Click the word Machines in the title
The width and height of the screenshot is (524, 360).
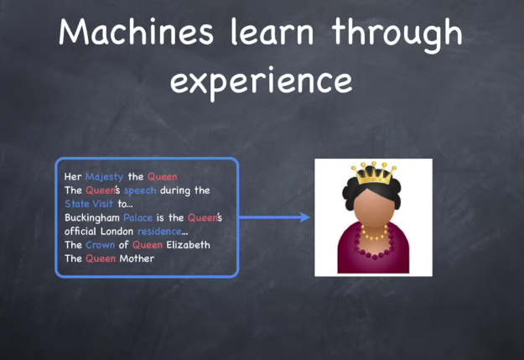tap(136, 32)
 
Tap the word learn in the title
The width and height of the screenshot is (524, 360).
tap(272, 31)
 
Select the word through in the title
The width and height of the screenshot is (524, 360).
tap(397, 34)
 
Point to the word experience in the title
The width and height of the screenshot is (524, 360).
tap(261, 81)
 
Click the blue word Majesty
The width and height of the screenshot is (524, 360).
tap(104, 177)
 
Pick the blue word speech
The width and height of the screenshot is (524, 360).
tap(140, 190)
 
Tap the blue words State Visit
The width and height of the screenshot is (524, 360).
tap(89, 204)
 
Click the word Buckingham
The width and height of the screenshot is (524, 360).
tap(92, 218)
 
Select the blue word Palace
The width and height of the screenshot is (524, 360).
tap(137, 217)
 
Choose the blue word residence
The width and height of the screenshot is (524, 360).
tap(159, 232)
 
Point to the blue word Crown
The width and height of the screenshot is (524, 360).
tap(101, 245)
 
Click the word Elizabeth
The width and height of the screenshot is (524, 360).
tap(188, 245)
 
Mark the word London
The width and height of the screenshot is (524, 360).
tap(117, 232)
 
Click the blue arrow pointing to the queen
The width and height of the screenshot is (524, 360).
tap(275, 217)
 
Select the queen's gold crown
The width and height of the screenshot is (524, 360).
tap(374, 174)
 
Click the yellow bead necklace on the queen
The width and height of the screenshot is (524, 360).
tap(374, 232)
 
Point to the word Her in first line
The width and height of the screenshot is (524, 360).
tap(73, 177)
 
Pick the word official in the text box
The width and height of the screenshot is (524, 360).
tap(80, 232)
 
